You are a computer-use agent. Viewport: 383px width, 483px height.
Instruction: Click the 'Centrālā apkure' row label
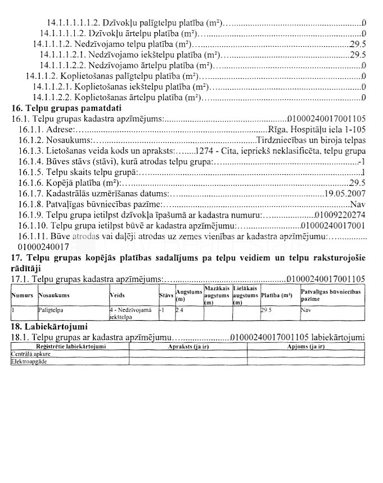click(31, 355)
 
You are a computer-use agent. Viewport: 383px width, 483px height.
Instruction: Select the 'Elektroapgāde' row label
click(30, 362)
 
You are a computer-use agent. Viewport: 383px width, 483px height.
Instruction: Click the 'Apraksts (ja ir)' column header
click(193, 347)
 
